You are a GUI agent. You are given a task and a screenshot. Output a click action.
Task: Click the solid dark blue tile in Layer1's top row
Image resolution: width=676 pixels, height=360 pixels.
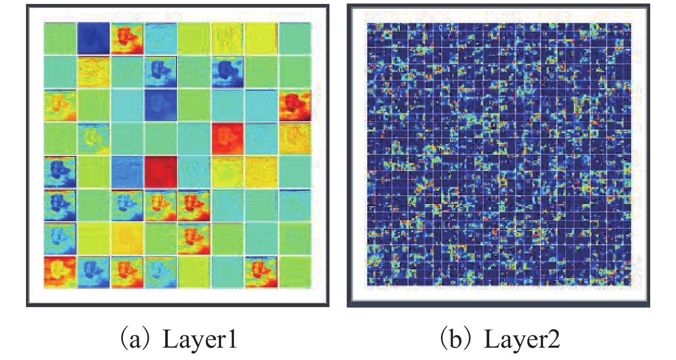pyautogui.click(x=94, y=38)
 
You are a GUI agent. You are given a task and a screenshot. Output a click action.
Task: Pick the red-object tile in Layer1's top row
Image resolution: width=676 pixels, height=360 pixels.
pyautogui.click(x=127, y=38)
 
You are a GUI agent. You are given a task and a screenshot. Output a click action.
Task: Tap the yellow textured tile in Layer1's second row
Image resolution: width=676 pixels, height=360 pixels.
pyautogui.click(x=94, y=72)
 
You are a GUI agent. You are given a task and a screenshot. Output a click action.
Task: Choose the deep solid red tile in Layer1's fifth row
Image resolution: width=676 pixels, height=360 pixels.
pyautogui.click(x=161, y=172)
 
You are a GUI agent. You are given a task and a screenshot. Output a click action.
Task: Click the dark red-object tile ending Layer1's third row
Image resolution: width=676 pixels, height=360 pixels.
pyautogui.click(x=295, y=105)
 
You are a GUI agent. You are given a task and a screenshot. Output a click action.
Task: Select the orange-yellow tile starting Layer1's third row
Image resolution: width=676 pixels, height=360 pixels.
pyautogui.click(x=60, y=105)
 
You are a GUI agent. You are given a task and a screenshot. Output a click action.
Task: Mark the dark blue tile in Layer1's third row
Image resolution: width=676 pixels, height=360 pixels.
pyautogui.click(x=161, y=105)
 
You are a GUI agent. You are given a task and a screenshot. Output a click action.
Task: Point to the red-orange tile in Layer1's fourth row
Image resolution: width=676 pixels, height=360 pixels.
pyautogui.click(x=228, y=139)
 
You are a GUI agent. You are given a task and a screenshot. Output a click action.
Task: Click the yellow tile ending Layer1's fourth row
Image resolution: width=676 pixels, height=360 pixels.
pyautogui.click(x=295, y=139)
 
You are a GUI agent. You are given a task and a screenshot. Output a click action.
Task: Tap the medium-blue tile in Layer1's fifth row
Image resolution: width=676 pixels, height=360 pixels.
pyautogui.click(x=127, y=172)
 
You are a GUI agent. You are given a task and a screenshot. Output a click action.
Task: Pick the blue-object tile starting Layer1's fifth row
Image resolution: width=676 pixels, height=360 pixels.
pyautogui.click(x=60, y=172)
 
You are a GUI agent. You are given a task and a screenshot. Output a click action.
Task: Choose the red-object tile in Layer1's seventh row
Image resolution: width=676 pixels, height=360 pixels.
pyautogui.click(x=194, y=238)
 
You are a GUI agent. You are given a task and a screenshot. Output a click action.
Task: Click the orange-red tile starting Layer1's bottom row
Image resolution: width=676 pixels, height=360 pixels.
pyautogui.click(x=60, y=272)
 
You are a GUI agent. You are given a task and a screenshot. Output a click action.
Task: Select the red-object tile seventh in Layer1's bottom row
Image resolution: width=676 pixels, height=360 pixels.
pyautogui.click(x=261, y=272)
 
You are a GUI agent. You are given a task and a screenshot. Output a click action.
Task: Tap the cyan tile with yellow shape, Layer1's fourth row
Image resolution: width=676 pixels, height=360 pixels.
pyautogui.click(x=94, y=139)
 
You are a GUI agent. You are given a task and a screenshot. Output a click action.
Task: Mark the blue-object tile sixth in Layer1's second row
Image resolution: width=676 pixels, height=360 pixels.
pyautogui.click(x=228, y=72)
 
